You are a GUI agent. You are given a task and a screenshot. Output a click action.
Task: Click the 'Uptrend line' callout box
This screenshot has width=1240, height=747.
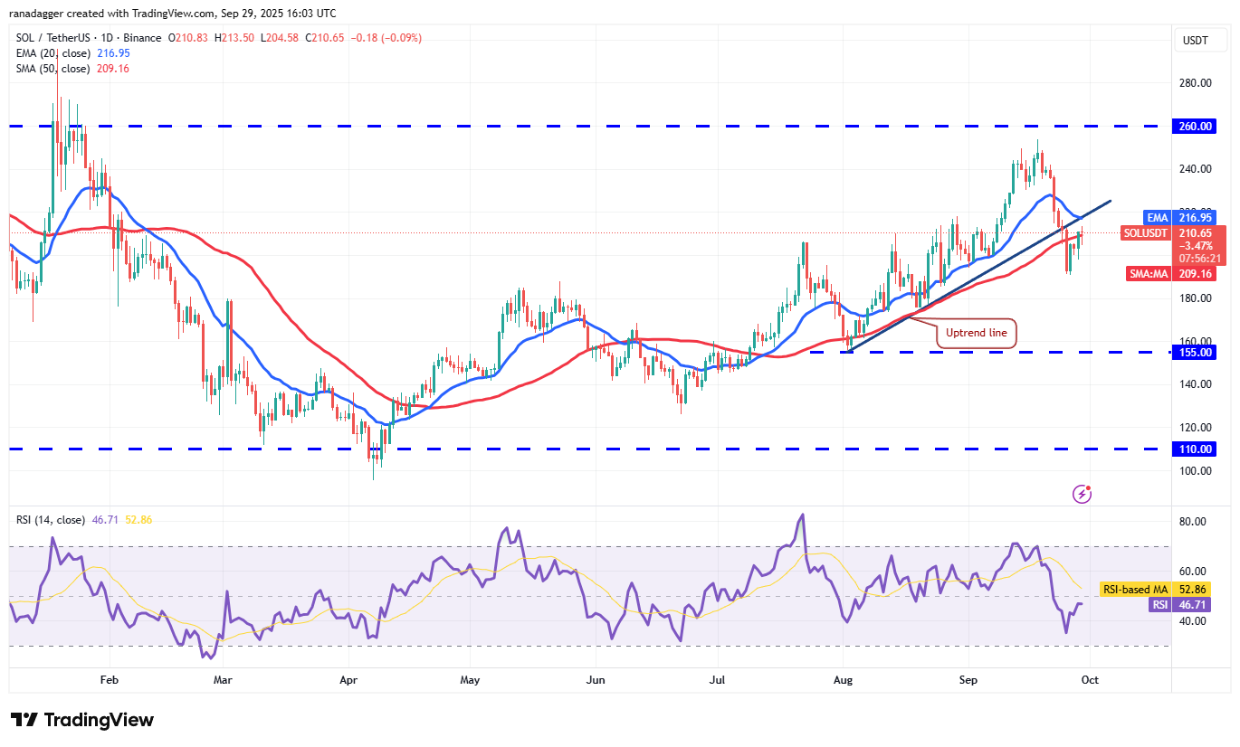tap(976, 333)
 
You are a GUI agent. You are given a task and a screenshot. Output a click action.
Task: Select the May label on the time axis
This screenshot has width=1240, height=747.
tap(469, 679)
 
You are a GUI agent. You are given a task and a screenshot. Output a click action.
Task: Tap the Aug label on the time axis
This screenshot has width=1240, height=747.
tap(843, 679)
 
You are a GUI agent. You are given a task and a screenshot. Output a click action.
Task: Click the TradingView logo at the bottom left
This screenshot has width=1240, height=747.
tap(82, 720)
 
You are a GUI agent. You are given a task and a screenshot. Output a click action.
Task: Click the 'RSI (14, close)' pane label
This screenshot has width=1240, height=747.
tap(51, 520)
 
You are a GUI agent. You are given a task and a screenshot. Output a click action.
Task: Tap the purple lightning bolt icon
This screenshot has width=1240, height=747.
tap(1082, 494)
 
